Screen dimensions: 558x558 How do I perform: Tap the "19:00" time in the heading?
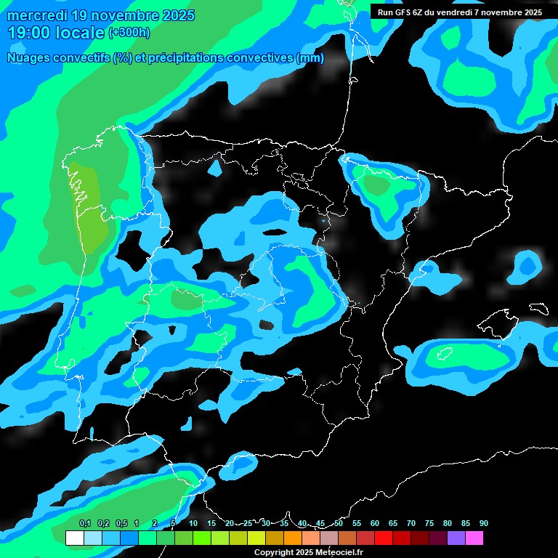(x=30, y=33)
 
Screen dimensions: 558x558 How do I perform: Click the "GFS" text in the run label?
(x=406, y=12)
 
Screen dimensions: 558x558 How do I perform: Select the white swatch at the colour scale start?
(x=74, y=538)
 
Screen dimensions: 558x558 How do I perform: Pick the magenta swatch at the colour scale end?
(x=474, y=538)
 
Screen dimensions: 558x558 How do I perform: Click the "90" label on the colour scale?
(x=484, y=523)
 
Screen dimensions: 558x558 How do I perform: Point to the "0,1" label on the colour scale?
(x=85, y=523)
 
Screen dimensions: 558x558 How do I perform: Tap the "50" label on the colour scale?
(x=339, y=523)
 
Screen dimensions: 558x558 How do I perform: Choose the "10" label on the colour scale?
(x=193, y=523)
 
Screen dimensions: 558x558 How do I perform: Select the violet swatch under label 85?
(x=456, y=538)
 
